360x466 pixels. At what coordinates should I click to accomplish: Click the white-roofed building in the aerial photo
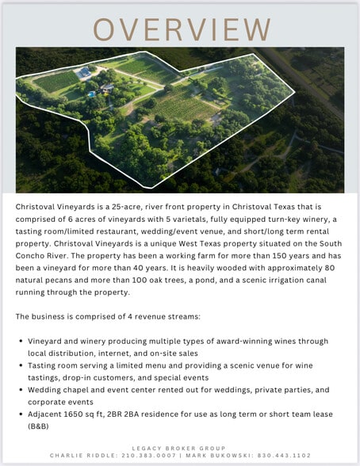(82, 73)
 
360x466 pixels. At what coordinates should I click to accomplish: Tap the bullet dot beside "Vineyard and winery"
(21, 342)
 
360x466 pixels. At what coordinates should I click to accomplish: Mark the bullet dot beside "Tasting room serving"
(21, 367)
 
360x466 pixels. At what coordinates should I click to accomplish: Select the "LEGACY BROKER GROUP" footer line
(179, 449)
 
